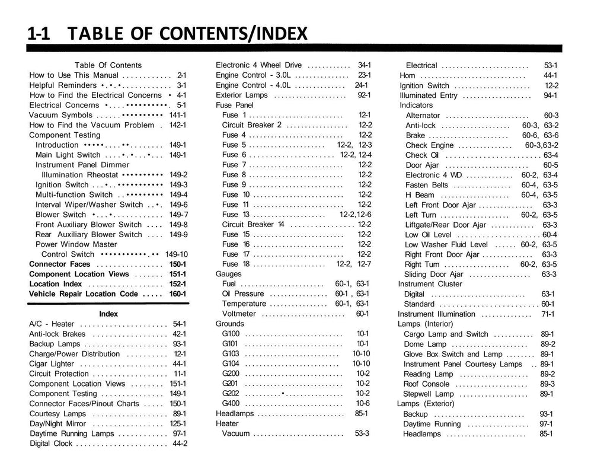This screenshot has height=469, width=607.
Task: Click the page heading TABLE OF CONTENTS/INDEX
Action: [189, 34]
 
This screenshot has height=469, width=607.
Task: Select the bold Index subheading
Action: [108, 314]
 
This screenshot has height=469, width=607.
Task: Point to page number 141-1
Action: [178, 115]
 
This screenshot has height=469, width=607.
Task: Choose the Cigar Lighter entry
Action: [52, 364]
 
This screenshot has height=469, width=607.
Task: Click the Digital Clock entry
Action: [51, 444]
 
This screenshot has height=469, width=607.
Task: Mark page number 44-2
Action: [180, 444]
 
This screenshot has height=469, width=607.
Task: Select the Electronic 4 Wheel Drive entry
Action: [258, 65]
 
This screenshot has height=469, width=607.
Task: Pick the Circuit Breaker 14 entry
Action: [253, 225]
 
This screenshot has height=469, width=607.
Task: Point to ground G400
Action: [231, 403]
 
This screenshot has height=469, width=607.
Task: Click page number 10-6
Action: [363, 403]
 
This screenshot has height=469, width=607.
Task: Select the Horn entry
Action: [407, 76]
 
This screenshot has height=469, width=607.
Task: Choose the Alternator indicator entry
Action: [423, 116]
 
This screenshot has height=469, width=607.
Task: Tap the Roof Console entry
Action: [426, 384]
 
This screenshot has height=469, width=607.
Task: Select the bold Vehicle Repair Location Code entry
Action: [84, 294]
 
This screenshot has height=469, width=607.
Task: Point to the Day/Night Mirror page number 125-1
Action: [178, 424]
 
